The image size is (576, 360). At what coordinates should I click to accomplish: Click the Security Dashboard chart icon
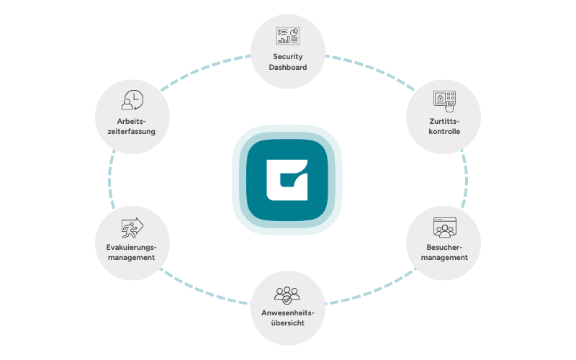(287, 36)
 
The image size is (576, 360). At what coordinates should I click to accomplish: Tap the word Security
(287, 57)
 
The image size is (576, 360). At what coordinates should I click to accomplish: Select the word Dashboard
(287, 67)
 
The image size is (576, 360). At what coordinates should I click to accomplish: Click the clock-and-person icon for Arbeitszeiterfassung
(132, 100)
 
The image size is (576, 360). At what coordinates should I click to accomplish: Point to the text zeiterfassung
(132, 131)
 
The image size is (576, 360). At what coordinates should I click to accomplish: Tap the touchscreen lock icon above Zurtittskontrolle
(444, 101)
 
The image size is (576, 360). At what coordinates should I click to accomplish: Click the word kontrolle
(444, 131)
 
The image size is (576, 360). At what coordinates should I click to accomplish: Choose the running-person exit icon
(132, 228)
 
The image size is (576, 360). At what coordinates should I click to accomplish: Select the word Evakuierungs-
(131, 247)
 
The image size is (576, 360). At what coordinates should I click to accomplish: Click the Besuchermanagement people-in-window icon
(445, 228)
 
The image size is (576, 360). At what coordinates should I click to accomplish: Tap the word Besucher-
(444, 247)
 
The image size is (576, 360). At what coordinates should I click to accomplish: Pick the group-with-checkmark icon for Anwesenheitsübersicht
(287, 295)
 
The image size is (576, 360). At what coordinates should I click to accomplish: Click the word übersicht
(287, 323)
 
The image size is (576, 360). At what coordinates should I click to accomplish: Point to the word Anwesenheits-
(287, 313)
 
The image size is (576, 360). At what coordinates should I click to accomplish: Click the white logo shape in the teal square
(287, 180)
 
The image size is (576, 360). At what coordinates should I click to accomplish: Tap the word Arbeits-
(132, 121)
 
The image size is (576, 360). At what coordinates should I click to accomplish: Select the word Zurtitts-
(444, 121)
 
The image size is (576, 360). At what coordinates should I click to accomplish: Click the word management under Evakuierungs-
(132, 258)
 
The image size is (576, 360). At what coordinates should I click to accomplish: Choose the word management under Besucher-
(444, 258)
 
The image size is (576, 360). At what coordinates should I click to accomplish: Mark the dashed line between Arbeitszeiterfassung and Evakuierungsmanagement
(109, 180)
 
